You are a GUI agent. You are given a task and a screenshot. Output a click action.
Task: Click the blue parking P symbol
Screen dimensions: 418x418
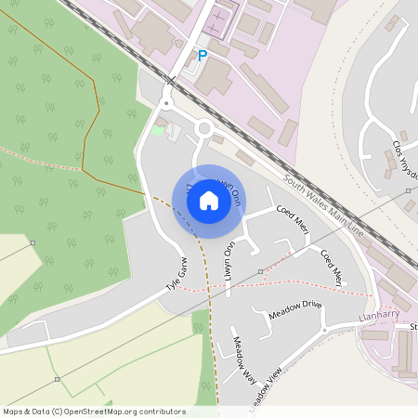click(x=202, y=57)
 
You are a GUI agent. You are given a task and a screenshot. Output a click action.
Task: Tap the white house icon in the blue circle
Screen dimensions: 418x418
click(x=209, y=200)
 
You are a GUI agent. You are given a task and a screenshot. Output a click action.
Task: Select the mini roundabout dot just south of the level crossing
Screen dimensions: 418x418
click(x=166, y=104)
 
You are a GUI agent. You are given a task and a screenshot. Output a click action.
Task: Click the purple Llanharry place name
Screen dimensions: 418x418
click(x=377, y=318)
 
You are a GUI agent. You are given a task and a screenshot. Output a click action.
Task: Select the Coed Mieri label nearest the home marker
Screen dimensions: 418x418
click(x=292, y=219)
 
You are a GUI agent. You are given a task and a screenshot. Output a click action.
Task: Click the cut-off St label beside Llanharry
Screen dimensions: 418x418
click(x=413, y=327)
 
